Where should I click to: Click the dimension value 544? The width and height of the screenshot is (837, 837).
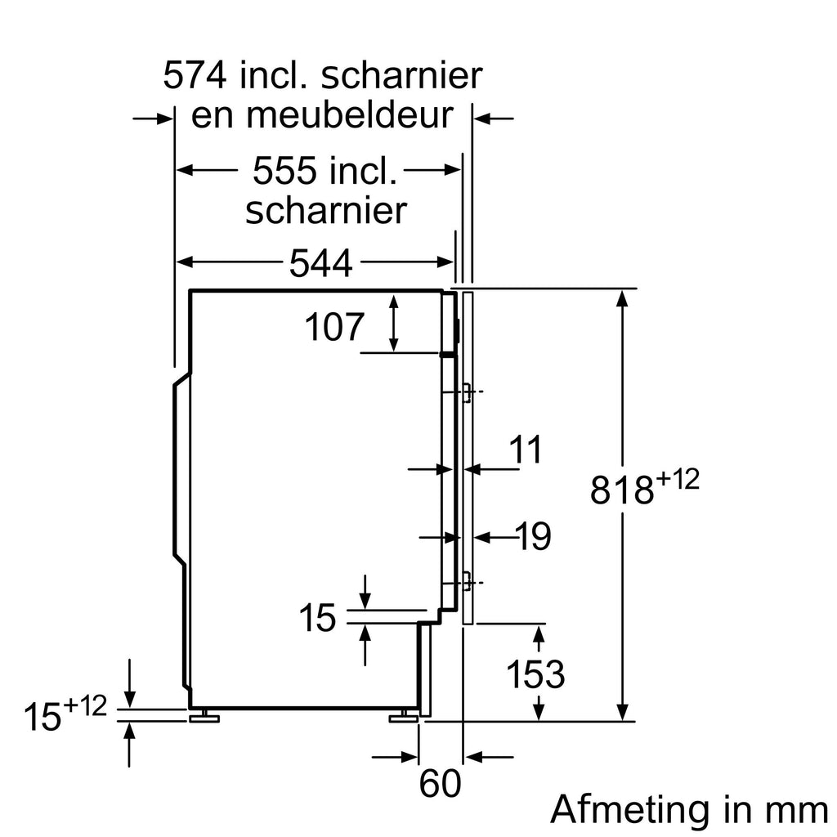[320, 263]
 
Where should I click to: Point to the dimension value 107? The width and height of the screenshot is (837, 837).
[333, 328]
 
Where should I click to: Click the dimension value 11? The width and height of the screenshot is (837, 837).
[526, 450]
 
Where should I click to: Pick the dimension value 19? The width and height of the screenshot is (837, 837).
[533, 537]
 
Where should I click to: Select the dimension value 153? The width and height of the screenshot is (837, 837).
[535, 674]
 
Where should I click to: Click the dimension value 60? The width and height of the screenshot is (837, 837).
[440, 785]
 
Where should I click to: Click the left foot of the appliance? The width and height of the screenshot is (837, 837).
[205, 718]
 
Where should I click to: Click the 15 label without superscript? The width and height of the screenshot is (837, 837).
[316, 619]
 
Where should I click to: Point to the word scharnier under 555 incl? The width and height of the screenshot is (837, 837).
[325, 211]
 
